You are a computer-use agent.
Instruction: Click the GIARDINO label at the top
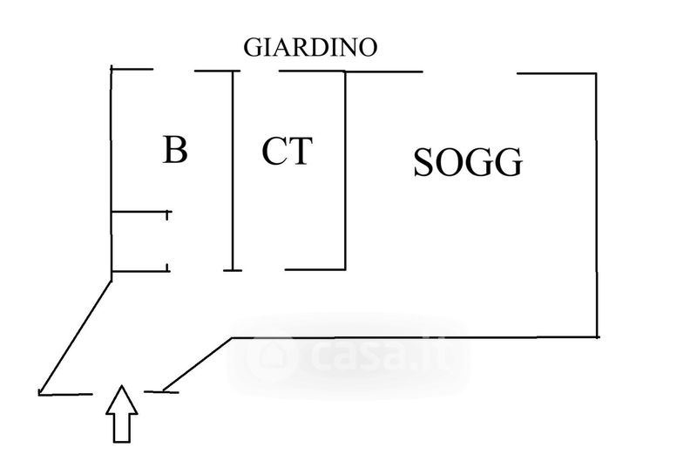point(309,47)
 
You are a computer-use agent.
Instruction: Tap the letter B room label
point(175,151)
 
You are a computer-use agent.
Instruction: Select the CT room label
point(287,152)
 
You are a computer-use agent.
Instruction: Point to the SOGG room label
point(468,162)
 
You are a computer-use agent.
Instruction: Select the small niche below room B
point(139,241)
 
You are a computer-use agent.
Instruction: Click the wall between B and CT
point(233,170)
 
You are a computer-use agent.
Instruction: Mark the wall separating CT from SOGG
point(345,170)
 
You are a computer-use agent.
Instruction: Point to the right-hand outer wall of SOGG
point(597,205)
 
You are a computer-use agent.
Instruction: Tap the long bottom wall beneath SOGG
point(414,336)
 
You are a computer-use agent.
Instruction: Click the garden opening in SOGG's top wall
point(470,72)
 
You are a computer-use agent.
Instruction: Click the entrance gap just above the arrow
point(123,390)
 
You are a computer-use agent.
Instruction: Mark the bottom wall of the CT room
point(315,269)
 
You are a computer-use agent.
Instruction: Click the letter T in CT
point(300,152)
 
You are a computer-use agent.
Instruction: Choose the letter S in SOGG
point(423,162)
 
